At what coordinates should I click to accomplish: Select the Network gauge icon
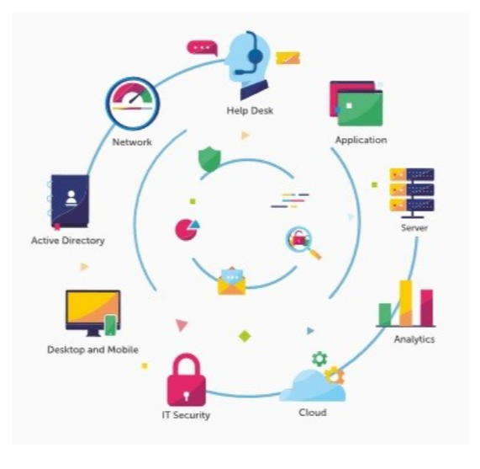tap(133, 104)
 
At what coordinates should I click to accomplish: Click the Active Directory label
tap(68, 241)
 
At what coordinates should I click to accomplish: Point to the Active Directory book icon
tap(69, 201)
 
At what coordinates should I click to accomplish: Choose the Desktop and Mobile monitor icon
tap(92, 312)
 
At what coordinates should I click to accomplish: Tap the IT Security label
tap(186, 415)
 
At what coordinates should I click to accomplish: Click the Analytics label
tap(414, 339)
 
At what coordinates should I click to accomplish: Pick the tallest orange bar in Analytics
tap(406, 302)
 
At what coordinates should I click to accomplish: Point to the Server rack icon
tap(411, 190)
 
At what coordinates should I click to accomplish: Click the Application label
tap(361, 140)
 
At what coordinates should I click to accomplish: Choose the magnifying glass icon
tap(301, 242)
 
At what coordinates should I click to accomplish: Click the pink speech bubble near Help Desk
tap(201, 48)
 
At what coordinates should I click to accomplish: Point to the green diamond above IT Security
tap(245, 336)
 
